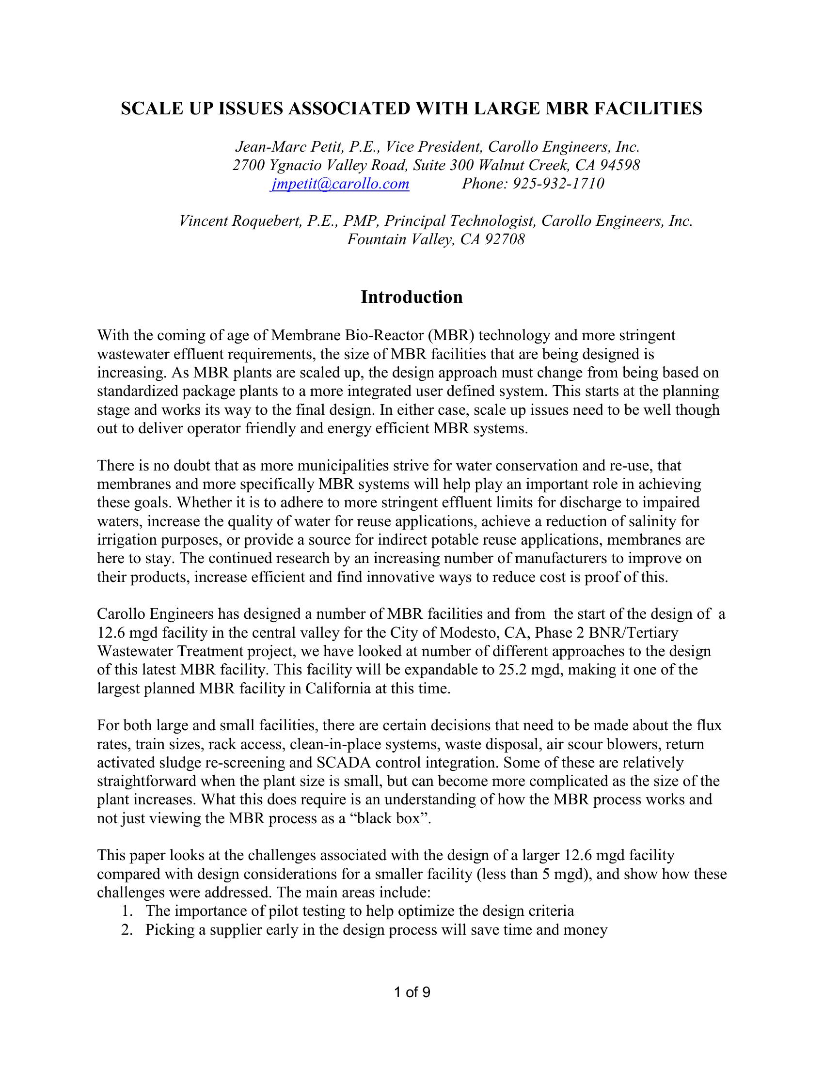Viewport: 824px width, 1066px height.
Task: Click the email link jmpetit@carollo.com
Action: click(340, 184)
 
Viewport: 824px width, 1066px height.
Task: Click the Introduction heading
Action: click(412, 297)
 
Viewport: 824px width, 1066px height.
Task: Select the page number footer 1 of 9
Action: click(412, 992)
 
